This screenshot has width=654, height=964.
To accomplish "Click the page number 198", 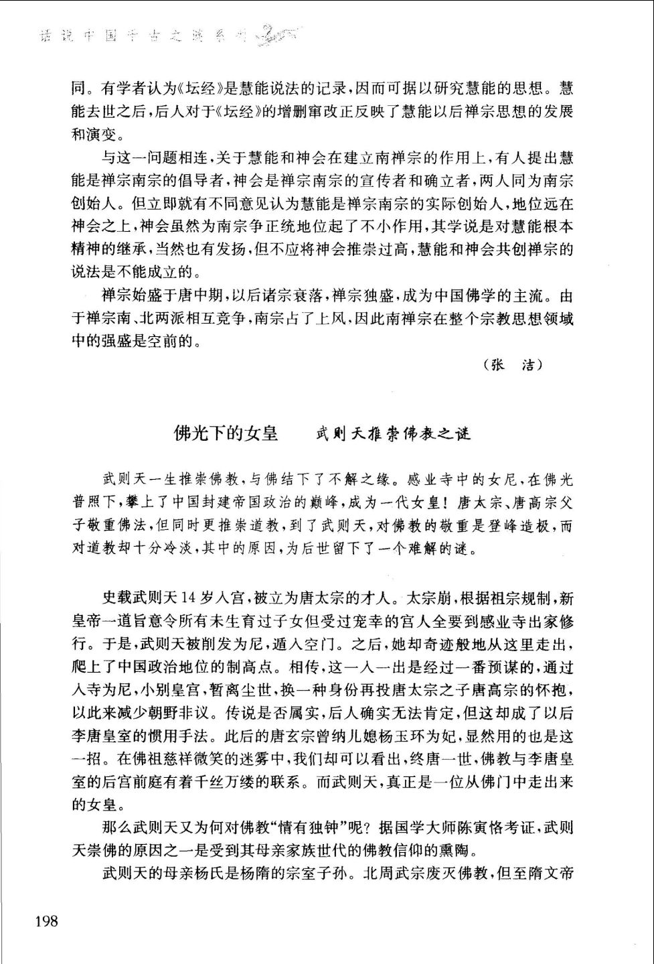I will point(46,921).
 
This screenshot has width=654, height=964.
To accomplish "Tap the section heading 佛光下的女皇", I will point(226,434).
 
